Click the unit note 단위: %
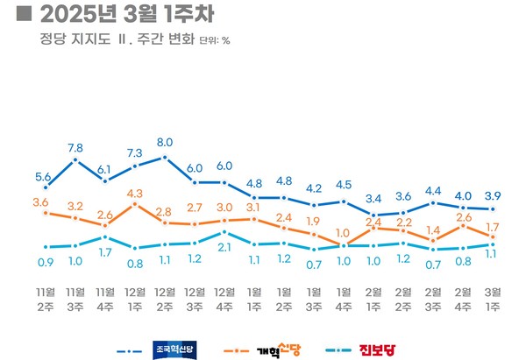pos(215,41)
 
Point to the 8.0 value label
pos(165,142)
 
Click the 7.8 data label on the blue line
pos(75,147)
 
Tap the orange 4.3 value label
pos(134,193)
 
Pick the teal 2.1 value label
pos(224,248)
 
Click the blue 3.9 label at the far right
pos(493,195)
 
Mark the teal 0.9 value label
pos(46,261)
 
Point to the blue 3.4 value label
pos(373,199)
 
